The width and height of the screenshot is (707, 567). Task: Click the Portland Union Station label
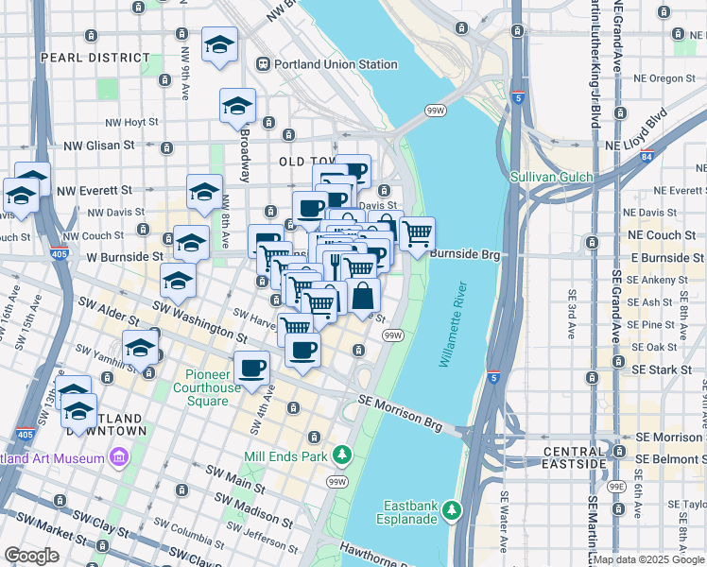pos(336,64)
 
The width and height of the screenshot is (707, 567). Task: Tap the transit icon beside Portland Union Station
pos(262,64)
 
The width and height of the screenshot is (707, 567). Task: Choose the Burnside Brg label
pos(463,253)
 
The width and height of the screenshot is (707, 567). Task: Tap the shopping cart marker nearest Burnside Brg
pos(417,232)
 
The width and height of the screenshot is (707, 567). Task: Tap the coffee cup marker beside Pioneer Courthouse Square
pos(251,367)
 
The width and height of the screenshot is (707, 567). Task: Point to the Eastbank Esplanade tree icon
pos(452,510)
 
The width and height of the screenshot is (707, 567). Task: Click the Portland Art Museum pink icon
pos(119,458)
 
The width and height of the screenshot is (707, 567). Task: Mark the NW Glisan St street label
pos(99,146)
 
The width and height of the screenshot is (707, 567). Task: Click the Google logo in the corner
pos(31,556)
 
